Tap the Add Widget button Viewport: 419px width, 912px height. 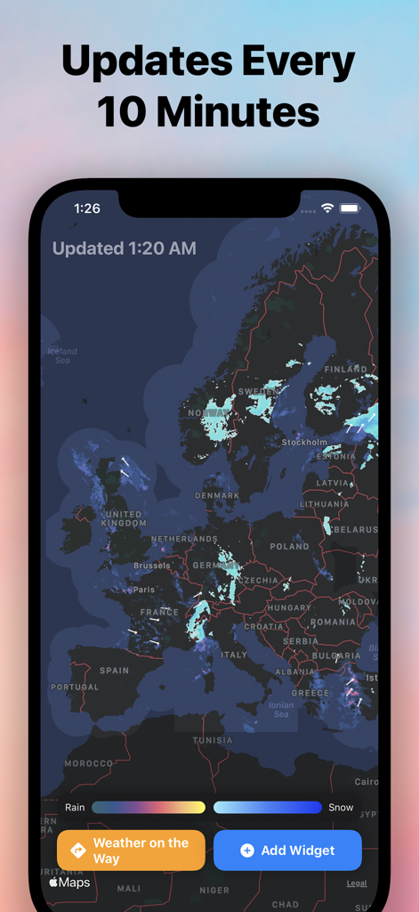pyautogui.click(x=287, y=851)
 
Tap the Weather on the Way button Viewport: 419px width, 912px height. pyautogui.click(x=131, y=851)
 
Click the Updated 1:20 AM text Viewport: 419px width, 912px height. pyautogui.click(x=125, y=248)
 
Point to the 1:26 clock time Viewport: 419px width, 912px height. pyautogui.click(x=87, y=208)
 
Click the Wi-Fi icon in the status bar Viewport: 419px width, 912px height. pyautogui.click(x=327, y=208)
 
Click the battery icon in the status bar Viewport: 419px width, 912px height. pyautogui.click(x=350, y=208)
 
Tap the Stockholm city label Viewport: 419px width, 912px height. pyautogui.click(x=304, y=442)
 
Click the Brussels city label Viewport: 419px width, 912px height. pyautogui.click(x=151, y=566)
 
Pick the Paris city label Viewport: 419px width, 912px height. pyautogui.click(x=144, y=590)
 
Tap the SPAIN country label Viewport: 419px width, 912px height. pyautogui.click(x=114, y=671)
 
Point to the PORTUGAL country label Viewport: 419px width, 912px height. pyautogui.click(x=75, y=688)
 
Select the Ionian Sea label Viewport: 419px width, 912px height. pyautogui.click(x=281, y=709)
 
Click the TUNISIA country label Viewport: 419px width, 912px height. pyautogui.click(x=213, y=740)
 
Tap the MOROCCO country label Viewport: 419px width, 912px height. pyautogui.click(x=89, y=763)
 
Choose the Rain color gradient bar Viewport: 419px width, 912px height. pyautogui.click(x=149, y=808)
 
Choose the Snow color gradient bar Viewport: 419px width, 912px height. pyautogui.click(x=267, y=808)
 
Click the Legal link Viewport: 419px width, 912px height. pyautogui.click(x=356, y=883)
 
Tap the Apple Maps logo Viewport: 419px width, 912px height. pyautogui.click(x=69, y=883)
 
